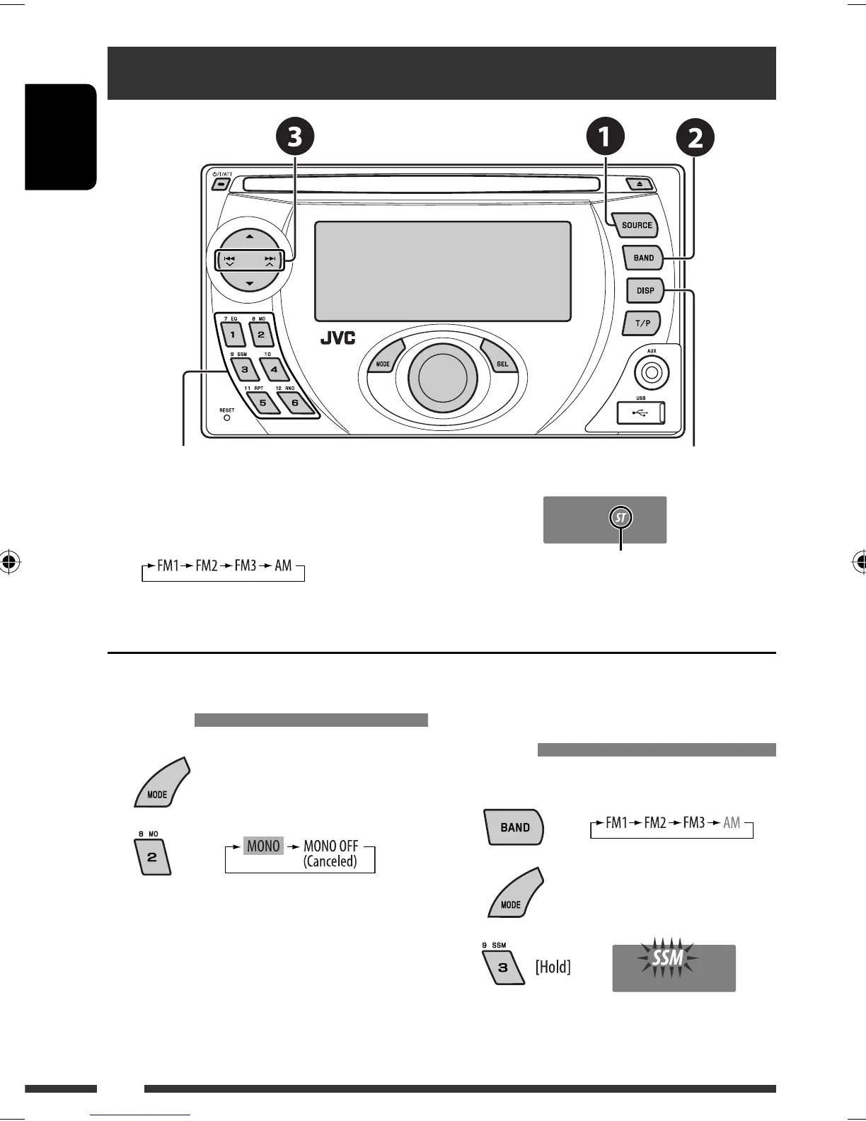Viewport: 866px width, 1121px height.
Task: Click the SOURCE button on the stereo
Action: point(635,225)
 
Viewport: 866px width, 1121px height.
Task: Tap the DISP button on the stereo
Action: point(644,290)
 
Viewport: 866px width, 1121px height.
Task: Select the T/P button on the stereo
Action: point(642,323)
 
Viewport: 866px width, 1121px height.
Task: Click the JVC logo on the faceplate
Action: point(337,338)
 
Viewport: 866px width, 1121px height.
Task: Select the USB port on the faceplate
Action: point(641,413)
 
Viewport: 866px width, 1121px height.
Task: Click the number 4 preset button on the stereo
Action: point(274,369)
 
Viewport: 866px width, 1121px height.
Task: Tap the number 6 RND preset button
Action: point(294,403)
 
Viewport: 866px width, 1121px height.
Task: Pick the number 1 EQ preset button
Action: point(232,333)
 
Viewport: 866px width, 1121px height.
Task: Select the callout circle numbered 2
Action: point(695,139)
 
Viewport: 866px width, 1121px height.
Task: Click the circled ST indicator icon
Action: point(621,518)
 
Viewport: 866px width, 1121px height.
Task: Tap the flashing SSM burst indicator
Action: point(667,959)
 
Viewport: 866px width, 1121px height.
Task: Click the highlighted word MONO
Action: point(263,846)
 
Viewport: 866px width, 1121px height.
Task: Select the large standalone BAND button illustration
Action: point(514,827)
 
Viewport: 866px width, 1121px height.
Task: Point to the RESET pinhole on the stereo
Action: point(226,418)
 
